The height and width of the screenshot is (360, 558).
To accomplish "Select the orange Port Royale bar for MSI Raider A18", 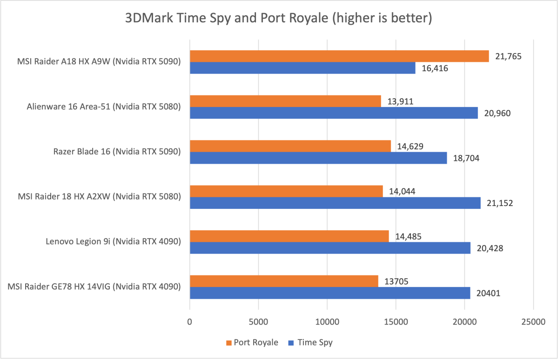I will [339, 56].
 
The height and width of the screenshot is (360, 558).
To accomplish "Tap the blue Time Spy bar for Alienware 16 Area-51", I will [334, 113].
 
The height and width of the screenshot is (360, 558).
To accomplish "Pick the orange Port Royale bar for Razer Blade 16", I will [290, 146].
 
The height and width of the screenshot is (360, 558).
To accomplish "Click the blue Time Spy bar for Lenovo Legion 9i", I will [330, 248].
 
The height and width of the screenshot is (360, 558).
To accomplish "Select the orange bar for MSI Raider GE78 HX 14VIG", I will [284, 281].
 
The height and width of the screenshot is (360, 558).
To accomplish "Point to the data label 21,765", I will [508, 56].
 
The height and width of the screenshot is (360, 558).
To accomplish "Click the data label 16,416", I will [435, 68].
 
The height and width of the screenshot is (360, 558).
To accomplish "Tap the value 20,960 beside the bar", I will [497, 113].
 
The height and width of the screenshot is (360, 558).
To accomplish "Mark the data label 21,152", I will [500, 203].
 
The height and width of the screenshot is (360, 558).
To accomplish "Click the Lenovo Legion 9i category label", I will [113, 241].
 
